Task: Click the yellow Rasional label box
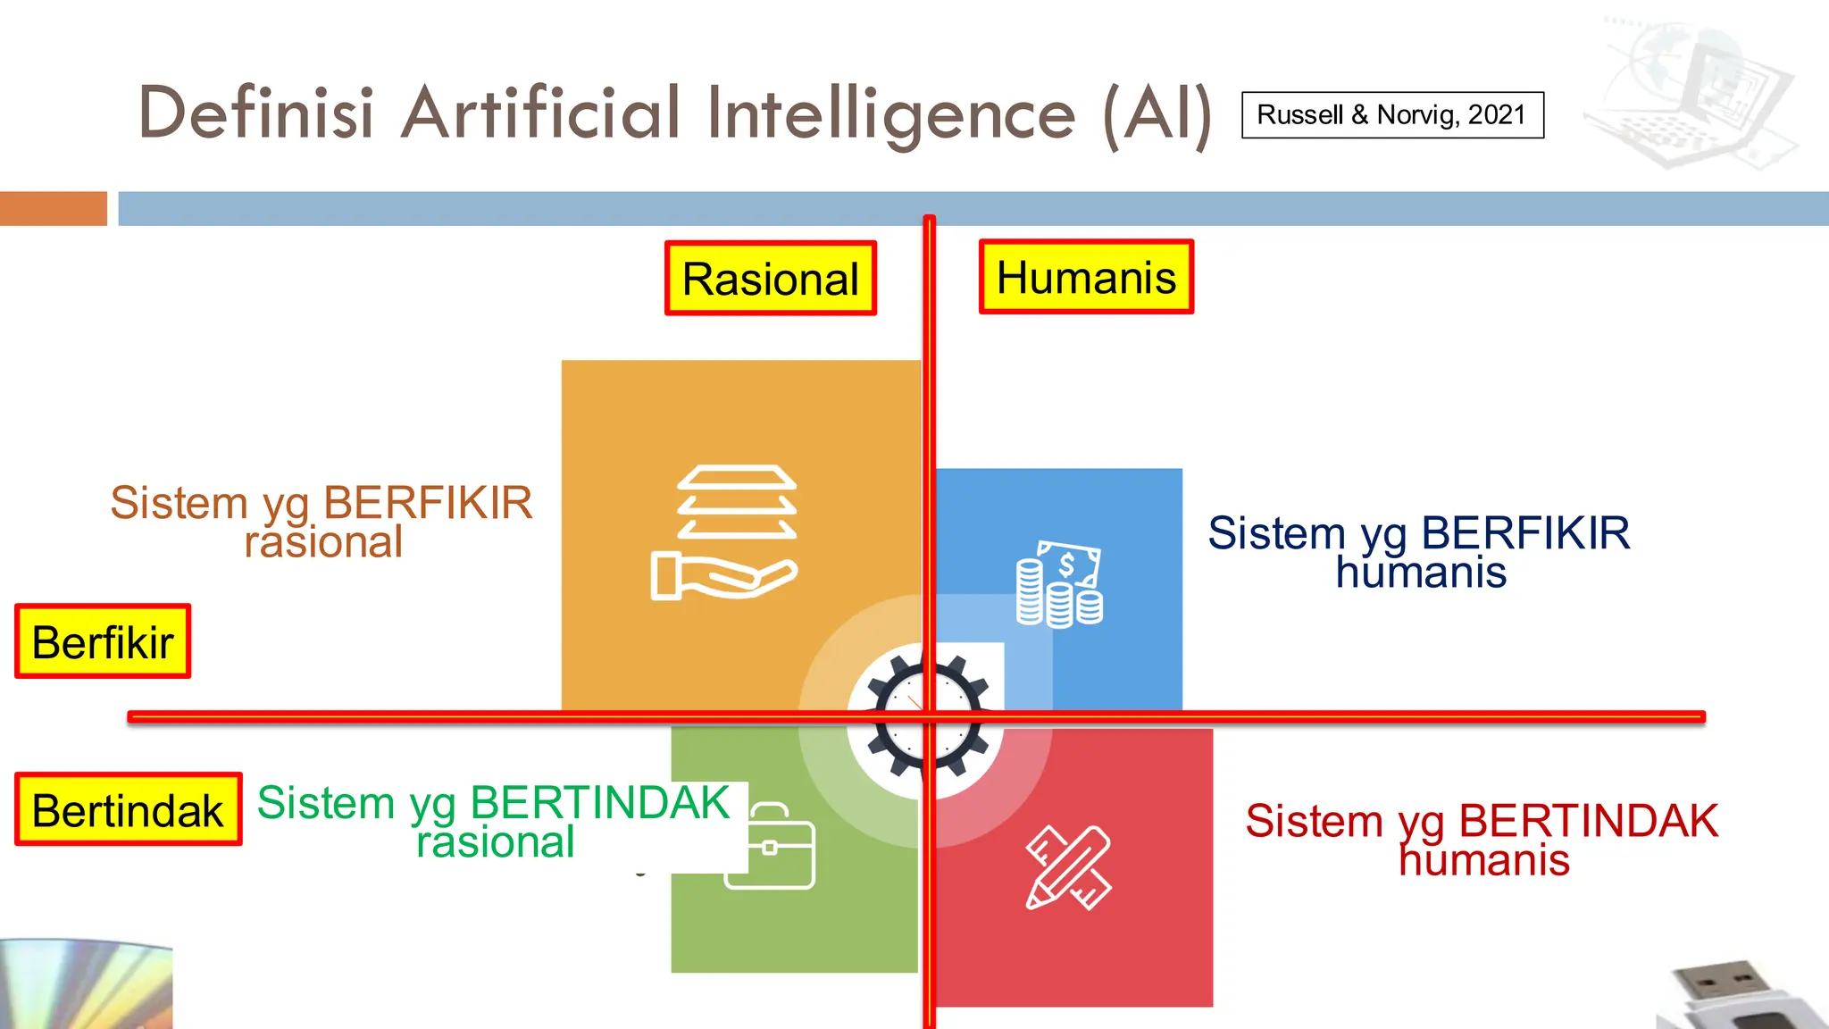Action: tap(770, 278)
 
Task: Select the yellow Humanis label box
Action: tap(1086, 277)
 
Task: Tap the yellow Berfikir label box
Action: tap(103, 641)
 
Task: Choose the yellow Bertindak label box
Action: tap(128, 809)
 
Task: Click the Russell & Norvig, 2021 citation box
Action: tap(1392, 115)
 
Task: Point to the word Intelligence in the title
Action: tap(891, 113)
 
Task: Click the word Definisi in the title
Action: tap(255, 113)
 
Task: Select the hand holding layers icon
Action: tap(724, 532)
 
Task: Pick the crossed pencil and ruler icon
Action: tap(1068, 867)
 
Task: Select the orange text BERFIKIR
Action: tap(428, 503)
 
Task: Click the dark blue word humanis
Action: tap(1421, 573)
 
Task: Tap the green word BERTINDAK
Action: tap(600, 802)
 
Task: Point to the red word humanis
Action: tap(1483, 860)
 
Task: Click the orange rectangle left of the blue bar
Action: tap(54, 208)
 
